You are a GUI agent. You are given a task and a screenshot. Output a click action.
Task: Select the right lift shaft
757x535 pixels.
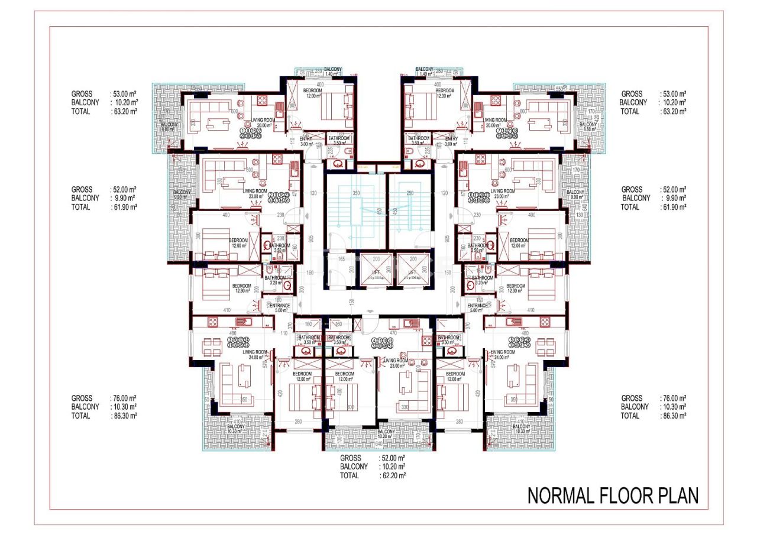pyautogui.click(x=412, y=271)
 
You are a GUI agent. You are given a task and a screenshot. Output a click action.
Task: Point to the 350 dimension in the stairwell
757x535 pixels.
pyautogui.click(x=356, y=193)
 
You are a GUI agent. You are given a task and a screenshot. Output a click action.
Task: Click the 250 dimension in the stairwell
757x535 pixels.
pyautogui.click(x=410, y=193)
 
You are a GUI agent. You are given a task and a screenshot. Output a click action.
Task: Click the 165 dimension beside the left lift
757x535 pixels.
pyautogui.click(x=341, y=258)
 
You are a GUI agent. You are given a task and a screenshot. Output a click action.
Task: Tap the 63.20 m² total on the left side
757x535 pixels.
pyautogui.click(x=125, y=111)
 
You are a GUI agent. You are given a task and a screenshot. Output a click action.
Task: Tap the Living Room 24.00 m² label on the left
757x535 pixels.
pyautogui.click(x=254, y=354)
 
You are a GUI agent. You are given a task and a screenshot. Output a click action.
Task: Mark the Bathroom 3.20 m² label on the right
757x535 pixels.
pyautogui.click(x=482, y=280)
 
